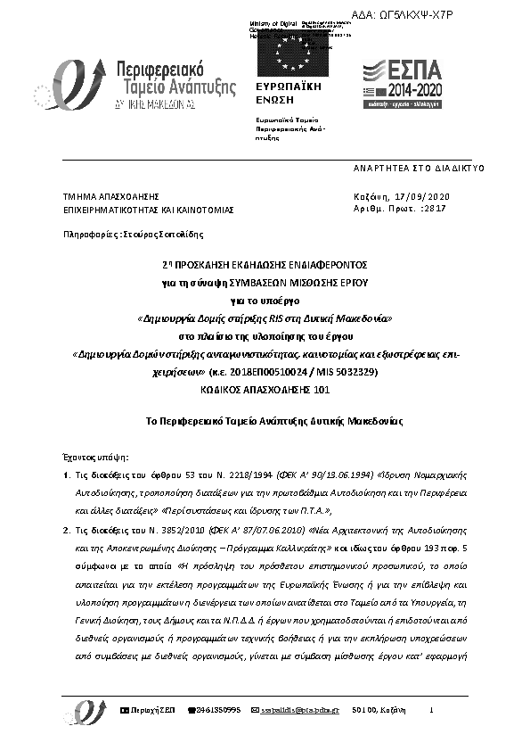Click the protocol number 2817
coord(436,208)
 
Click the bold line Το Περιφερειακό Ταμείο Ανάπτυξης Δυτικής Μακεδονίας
coord(265,420)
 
